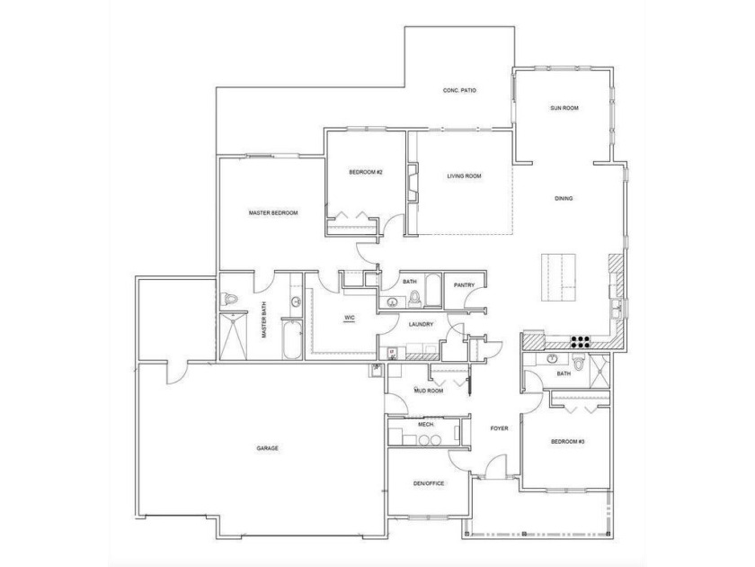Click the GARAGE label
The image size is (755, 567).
pos(267,447)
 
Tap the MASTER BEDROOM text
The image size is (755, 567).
pos(273,213)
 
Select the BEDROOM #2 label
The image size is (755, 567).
pos(367,172)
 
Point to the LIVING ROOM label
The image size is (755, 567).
pos(465,175)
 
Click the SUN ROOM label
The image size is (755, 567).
pos(564,108)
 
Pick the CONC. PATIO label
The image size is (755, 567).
pos(459,91)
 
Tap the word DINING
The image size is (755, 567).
pos(564,199)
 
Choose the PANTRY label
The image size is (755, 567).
pos(464,285)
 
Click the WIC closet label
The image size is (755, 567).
pos(351,318)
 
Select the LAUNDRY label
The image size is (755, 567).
pos(421,324)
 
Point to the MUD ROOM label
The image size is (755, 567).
pos(429,391)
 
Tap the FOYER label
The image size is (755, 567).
pos(499,428)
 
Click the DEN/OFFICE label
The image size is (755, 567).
pos(428,484)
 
